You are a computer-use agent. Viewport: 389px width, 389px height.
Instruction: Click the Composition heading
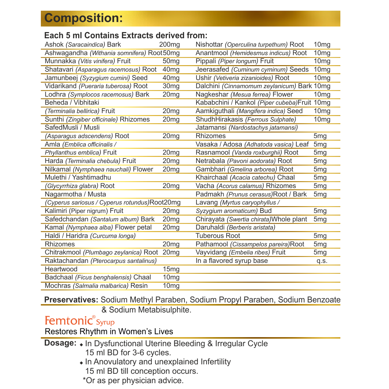83,18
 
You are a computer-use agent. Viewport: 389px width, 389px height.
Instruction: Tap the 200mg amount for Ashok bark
169,45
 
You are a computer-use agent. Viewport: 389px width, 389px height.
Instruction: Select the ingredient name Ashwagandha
66,53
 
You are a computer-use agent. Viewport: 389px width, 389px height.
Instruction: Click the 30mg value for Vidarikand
171,86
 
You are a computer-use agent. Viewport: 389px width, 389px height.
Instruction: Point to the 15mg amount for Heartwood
171,269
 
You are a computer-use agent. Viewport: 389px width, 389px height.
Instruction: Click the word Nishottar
209,45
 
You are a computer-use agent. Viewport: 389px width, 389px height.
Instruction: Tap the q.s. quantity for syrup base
322,261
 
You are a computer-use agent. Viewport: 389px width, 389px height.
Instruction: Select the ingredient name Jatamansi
211,128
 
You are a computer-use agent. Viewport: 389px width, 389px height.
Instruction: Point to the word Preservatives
71,300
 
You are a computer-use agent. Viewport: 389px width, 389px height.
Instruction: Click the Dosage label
60,343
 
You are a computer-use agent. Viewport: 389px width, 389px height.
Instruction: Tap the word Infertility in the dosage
216,362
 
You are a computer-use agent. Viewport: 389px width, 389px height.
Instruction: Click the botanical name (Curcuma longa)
113,236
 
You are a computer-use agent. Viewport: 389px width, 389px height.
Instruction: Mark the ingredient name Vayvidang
211,253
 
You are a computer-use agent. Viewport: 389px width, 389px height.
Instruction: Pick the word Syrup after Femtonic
105,322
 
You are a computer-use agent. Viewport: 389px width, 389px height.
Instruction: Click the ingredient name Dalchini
208,86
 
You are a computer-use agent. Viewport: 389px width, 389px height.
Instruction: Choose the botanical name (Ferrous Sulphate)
270,120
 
